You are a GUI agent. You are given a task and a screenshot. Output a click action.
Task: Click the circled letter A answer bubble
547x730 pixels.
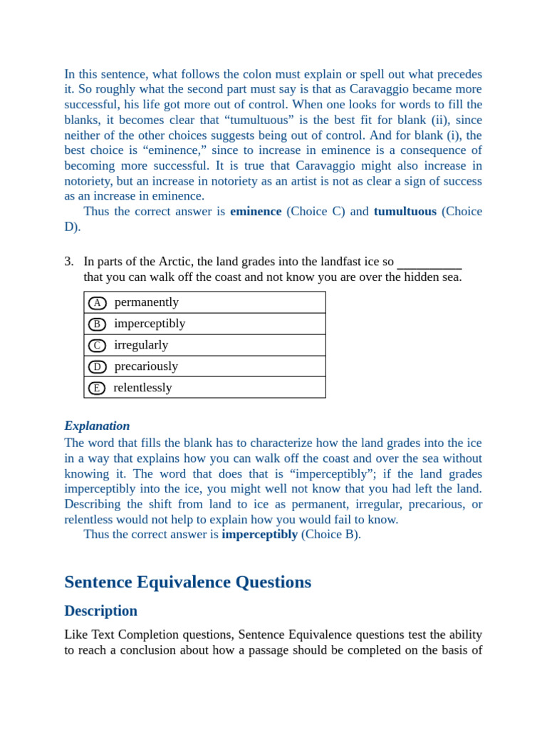pos(98,303)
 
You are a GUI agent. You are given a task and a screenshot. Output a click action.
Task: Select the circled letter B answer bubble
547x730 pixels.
pos(98,324)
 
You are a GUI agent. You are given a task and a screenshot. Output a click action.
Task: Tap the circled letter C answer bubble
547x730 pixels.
pos(98,346)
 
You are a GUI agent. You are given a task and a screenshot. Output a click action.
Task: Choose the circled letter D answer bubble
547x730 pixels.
pos(98,367)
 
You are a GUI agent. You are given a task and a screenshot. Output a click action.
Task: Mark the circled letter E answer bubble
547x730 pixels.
pos(97,389)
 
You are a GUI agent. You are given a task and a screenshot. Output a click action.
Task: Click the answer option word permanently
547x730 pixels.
pos(147,302)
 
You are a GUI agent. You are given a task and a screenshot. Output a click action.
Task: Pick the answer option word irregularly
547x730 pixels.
pos(141,345)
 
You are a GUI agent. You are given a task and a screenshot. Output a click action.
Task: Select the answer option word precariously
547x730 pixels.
pos(146,366)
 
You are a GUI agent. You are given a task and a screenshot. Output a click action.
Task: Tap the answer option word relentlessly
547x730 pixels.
pos(142,388)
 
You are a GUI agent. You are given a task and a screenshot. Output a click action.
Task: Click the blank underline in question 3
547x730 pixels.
pos(429,267)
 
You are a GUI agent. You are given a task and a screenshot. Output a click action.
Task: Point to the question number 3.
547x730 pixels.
pos(68,262)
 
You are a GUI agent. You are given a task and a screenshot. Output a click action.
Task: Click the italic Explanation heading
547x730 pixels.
pos(97,426)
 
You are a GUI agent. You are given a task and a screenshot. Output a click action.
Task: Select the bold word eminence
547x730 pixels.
pos(256,212)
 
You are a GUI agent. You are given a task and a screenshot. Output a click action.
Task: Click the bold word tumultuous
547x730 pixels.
pos(405,212)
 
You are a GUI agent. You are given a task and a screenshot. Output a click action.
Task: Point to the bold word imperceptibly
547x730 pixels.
pos(259,535)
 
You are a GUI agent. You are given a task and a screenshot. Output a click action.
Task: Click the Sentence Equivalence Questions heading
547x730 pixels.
pos(187,582)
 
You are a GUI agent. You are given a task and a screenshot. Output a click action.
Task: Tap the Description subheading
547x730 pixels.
pos(100,611)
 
